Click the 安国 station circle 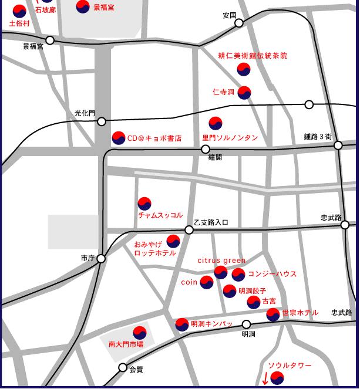click(239, 23)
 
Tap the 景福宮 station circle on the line click(50, 40)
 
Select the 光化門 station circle click(102, 121)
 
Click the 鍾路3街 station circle click(338, 145)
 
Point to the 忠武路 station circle click(345, 225)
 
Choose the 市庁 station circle click(101, 258)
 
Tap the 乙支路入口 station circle click(189, 230)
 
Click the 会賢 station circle click(123, 368)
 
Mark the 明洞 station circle click(247, 324)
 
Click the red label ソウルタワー click(290, 366)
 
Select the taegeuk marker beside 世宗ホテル click(273, 314)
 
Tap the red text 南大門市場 click(126, 344)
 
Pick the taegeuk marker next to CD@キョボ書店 click(119, 138)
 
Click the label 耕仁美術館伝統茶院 click(253, 56)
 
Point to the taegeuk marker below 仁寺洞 click(244, 92)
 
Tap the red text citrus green click(221, 261)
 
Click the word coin click(189, 282)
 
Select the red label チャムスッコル click(160, 215)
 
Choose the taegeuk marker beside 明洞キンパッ click(182, 324)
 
